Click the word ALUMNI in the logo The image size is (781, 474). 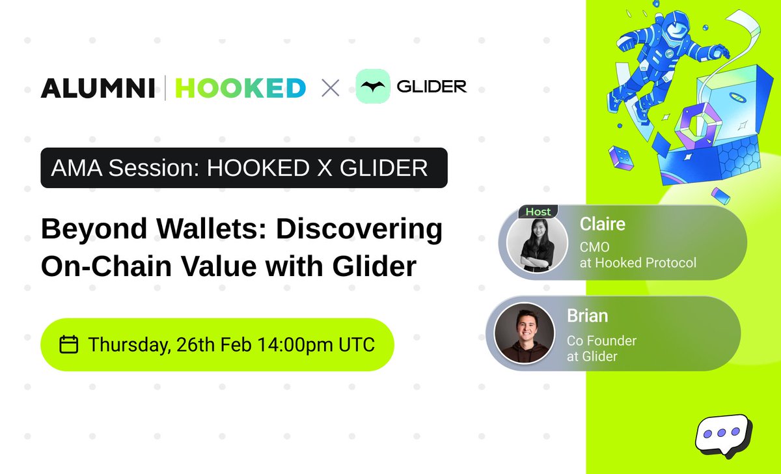(x=98, y=88)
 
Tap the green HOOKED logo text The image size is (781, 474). (x=240, y=88)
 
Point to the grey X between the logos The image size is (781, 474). (x=331, y=88)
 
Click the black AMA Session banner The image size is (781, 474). (x=243, y=168)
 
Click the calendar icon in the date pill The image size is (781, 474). (x=69, y=344)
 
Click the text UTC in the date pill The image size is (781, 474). (x=355, y=344)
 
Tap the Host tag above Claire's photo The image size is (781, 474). (x=538, y=212)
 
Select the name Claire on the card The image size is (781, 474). (x=602, y=225)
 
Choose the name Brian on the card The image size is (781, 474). (x=587, y=316)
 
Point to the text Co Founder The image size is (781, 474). (x=601, y=341)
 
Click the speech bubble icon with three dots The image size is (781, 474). (x=722, y=434)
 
